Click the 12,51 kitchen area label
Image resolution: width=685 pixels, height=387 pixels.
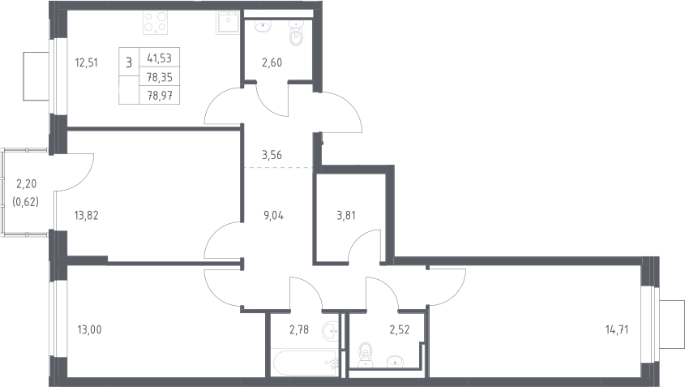(x=87, y=62)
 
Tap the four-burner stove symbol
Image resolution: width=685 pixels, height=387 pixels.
(x=156, y=24)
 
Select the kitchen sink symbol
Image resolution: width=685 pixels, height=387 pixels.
(x=227, y=23)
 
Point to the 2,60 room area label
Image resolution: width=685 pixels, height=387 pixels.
(x=272, y=62)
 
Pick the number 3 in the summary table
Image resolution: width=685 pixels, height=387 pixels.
(x=129, y=62)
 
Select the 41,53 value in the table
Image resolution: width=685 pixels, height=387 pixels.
(x=160, y=58)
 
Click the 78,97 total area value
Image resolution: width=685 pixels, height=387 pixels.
(x=160, y=95)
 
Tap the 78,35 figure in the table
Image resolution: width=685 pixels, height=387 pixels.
(x=160, y=77)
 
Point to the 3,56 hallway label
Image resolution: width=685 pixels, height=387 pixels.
(x=272, y=155)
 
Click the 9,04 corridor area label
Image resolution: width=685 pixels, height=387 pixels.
(x=273, y=215)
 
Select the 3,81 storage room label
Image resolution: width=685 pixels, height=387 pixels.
(x=346, y=215)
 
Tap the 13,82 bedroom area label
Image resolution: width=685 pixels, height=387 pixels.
(x=87, y=215)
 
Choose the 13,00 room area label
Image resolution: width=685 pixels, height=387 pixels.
(x=89, y=329)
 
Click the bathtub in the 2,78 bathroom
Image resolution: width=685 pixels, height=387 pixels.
(x=305, y=363)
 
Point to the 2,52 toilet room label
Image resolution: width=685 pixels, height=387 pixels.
(x=400, y=329)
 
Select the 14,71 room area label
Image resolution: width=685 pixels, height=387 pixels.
(x=617, y=329)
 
